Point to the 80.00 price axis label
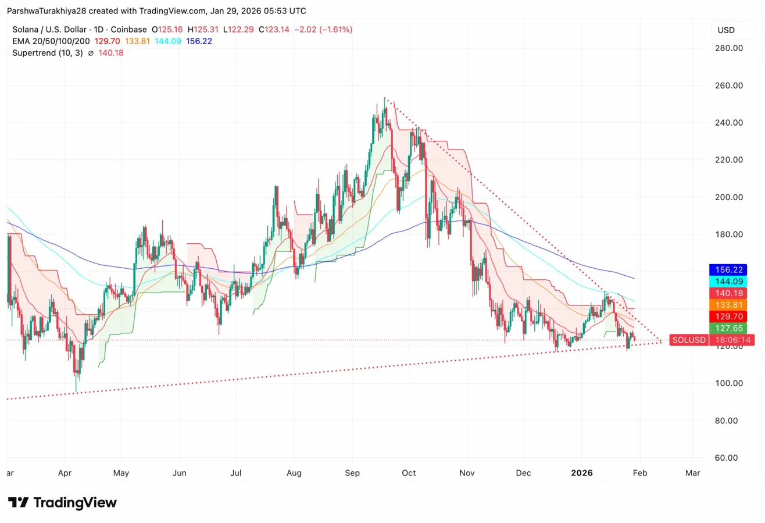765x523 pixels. (x=728, y=421)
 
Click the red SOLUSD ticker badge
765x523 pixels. (x=688, y=340)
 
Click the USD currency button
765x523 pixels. (x=726, y=30)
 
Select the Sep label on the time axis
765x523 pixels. (x=353, y=474)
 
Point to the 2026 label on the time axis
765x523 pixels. (x=581, y=474)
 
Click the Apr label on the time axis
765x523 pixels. (x=65, y=474)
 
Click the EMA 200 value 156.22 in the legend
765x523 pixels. (x=198, y=41)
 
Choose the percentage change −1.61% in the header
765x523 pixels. (x=333, y=30)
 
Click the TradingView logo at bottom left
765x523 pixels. (x=62, y=503)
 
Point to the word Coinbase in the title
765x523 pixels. (x=128, y=30)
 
